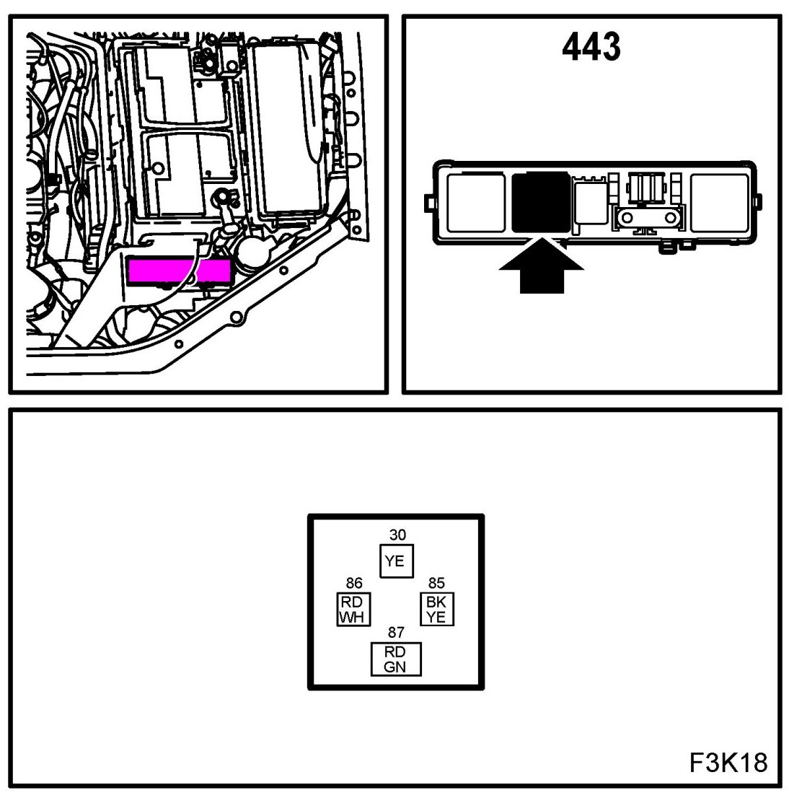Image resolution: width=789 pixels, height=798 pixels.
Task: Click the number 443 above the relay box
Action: tap(591, 47)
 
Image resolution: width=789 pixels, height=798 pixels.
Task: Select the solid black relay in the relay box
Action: tap(539, 201)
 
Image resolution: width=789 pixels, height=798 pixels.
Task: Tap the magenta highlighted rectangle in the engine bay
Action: tap(180, 271)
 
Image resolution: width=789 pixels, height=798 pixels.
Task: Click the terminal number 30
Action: tap(397, 535)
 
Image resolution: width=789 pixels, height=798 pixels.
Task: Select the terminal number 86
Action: tap(354, 583)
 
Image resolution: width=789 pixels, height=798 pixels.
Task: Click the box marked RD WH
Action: tap(354, 610)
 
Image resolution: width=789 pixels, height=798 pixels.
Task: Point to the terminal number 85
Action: tap(436, 583)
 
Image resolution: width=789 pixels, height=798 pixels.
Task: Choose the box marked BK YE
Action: tap(436, 610)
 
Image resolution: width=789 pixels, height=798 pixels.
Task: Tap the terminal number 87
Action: tap(396, 633)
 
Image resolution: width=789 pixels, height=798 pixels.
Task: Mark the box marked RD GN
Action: tap(395, 659)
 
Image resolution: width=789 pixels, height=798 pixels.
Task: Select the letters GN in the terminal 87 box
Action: tap(395, 667)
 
